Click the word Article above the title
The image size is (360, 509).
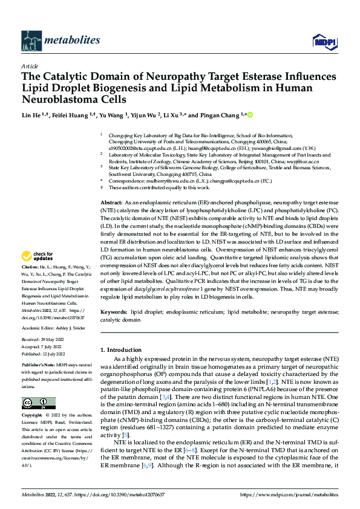(x=30, y=66)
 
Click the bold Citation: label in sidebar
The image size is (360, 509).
(x=31, y=284)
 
